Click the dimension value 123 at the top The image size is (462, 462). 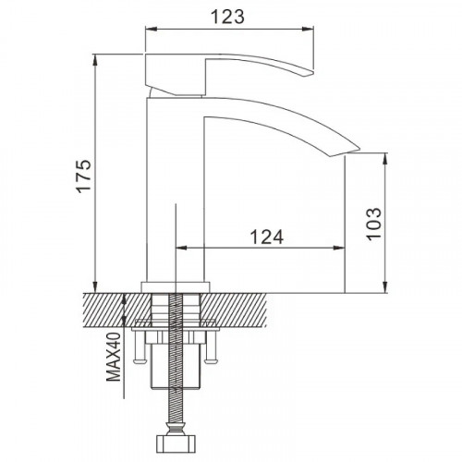point(227,17)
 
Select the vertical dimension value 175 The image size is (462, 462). point(84,176)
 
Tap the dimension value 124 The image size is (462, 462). point(267,237)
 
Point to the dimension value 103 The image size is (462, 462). point(373,224)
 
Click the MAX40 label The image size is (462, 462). point(114,357)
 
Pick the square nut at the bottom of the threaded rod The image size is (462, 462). point(176,444)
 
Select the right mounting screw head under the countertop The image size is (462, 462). point(212,359)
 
